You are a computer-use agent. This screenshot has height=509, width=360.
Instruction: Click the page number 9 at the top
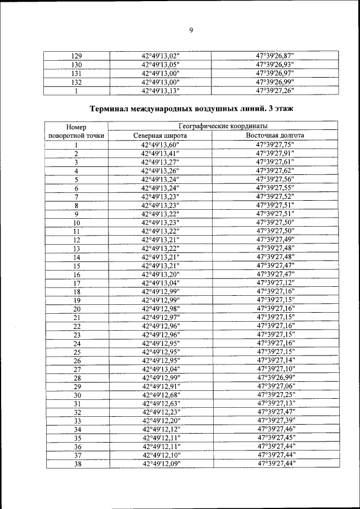coord(191,30)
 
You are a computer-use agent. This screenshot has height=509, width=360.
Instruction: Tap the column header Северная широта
coord(160,136)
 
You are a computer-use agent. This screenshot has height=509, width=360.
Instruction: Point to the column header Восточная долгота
coord(275,136)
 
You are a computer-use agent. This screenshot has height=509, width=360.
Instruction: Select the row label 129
coord(78,55)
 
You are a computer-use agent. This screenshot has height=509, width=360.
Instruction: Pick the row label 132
coord(78,82)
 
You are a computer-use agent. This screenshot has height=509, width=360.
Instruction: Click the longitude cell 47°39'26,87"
coord(275,55)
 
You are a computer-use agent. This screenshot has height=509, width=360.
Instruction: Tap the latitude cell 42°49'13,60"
coord(160,145)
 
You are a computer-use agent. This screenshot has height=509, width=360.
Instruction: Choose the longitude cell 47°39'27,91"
coord(275,154)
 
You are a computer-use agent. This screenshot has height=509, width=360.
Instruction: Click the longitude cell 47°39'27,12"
coord(275,283)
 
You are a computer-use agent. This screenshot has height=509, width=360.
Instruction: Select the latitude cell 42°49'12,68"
coord(160,395)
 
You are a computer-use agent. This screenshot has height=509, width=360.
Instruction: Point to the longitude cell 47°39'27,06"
coord(275,386)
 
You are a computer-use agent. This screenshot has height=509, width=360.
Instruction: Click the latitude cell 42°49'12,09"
coord(160,463)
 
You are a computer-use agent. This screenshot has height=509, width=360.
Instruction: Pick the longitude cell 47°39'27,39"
coord(275,421)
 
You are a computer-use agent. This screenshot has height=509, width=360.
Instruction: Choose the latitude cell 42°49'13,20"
coord(160,274)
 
